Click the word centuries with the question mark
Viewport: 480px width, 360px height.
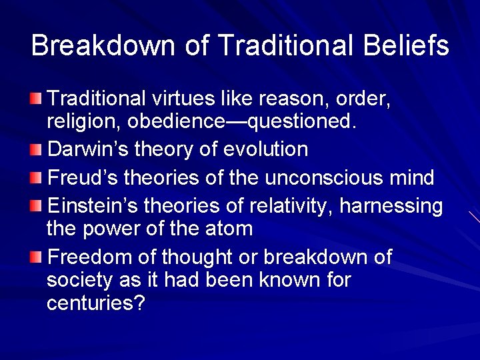(x=96, y=303)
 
